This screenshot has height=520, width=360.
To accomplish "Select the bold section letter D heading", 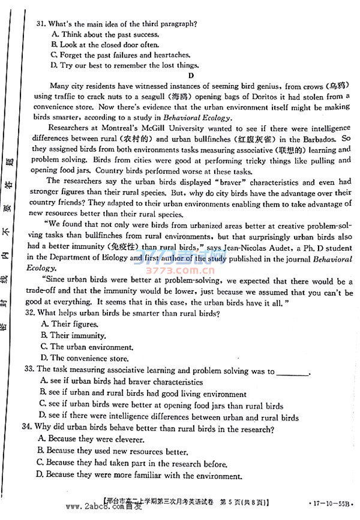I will (x=191, y=76).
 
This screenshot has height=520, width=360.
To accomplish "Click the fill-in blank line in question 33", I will (x=293, y=372).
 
